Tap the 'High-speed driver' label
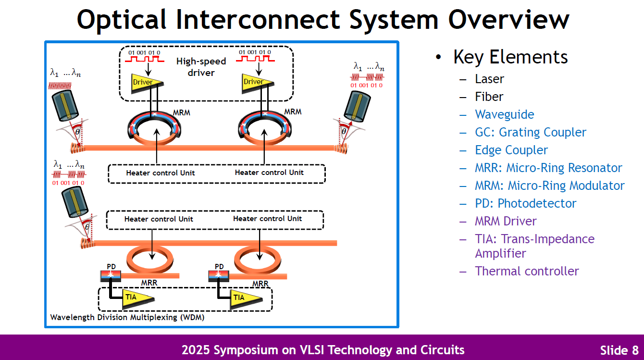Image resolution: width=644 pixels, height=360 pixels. click(x=201, y=67)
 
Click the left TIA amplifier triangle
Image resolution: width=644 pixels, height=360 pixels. click(x=134, y=298)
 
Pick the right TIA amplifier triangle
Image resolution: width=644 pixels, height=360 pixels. click(x=242, y=298)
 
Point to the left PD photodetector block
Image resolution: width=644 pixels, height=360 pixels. click(x=111, y=275)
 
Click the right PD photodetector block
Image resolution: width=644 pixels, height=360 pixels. click(x=219, y=275)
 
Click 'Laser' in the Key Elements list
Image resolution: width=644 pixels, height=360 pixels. click(x=489, y=79)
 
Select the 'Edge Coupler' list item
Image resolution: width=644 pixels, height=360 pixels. click(x=511, y=150)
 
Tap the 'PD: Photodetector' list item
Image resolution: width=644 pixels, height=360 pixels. click(x=525, y=203)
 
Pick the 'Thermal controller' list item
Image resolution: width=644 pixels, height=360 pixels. click(x=527, y=271)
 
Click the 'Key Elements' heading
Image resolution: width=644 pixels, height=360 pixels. click(x=510, y=57)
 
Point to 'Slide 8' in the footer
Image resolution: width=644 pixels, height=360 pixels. click(x=619, y=349)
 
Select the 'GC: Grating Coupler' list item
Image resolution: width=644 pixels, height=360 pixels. click(x=531, y=132)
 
